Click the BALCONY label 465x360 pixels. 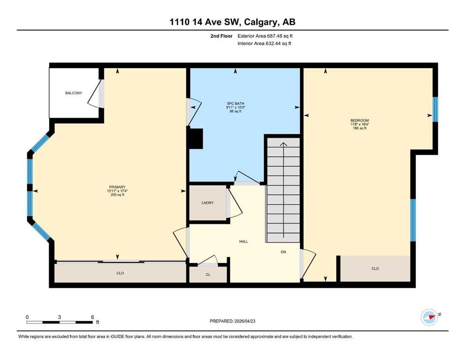(74, 93)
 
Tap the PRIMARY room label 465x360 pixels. (118, 187)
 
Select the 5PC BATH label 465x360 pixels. (236, 104)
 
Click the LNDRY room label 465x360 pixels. (207, 202)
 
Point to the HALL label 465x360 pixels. (244, 241)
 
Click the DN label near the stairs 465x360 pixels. (283, 252)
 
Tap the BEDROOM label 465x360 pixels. (360, 120)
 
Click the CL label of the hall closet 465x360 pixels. (208, 275)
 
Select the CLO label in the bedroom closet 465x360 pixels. (375, 269)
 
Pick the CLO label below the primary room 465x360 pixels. (120, 273)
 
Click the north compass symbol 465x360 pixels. (429, 317)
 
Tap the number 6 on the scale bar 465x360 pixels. (93, 317)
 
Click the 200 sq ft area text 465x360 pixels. (118, 195)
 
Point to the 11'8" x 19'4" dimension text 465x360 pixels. (360, 124)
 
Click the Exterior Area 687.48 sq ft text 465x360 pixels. (265, 36)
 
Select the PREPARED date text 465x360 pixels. (232, 321)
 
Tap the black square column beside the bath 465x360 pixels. (196, 139)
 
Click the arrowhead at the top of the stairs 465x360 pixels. (283, 144)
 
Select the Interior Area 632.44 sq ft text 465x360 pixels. (264, 43)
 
